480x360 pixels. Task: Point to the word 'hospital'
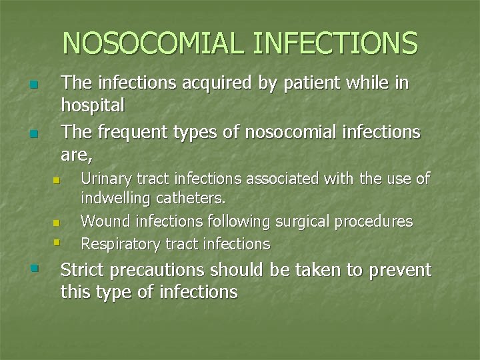point(93,105)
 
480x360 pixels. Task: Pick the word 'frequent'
point(134,133)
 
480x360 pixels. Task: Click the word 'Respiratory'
point(121,244)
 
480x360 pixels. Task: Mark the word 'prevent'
point(400,271)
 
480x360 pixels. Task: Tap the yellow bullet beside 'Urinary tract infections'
point(57,181)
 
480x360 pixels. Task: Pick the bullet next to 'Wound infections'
point(57,223)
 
